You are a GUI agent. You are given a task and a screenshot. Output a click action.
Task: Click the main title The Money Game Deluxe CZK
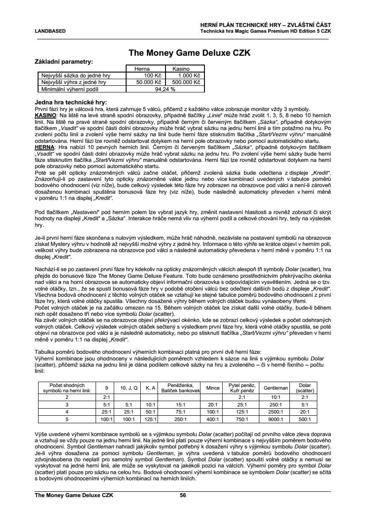pyautogui.click(x=189, y=53)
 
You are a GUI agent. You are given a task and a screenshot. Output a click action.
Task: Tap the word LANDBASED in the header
pyautogui.click(x=50, y=31)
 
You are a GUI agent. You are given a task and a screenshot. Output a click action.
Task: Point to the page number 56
pyautogui.click(x=183, y=495)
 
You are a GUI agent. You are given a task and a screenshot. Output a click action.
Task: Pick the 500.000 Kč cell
pyautogui.click(x=185, y=82)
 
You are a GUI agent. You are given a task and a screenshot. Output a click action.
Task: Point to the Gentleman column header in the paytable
pyautogui.click(x=276, y=388)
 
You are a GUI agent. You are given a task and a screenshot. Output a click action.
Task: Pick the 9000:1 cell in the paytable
pyautogui.click(x=276, y=419)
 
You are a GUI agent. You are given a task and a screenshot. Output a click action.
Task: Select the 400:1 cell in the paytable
pyautogui.click(x=213, y=419)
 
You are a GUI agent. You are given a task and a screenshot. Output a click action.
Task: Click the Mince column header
pyautogui.click(x=213, y=388)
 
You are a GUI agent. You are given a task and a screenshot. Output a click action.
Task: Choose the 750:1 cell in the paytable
pyautogui.click(x=242, y=419)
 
